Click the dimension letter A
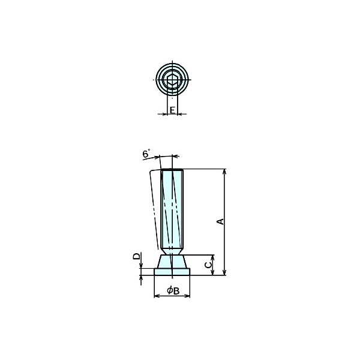pos(220,221)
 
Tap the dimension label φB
pos(173,290)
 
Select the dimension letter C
pos(208,265)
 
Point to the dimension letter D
pos(136,256)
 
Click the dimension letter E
pos(172,110)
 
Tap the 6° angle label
pos(146,153)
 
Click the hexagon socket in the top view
pos(172,80)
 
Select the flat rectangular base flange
pos(172,272)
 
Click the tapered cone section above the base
pos(172,261)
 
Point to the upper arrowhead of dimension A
pos(224,171)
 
